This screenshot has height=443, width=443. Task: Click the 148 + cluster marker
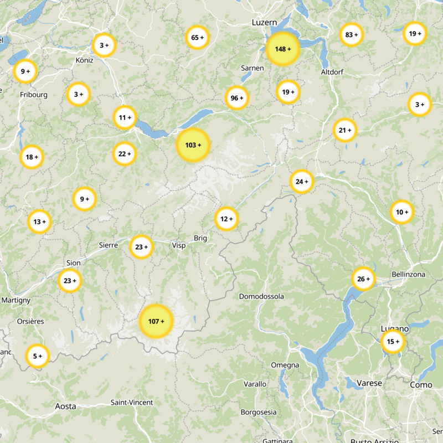coord(282,49)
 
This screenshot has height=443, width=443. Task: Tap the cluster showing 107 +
coord(156,321)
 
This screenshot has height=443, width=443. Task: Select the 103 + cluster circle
coord(193,145)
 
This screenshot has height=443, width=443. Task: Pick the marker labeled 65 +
coord(197,38)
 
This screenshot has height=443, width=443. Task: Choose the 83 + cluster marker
coord(352,35)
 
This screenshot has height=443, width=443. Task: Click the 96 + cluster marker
coord(237,98)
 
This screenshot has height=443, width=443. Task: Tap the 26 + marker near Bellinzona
coord(364,279)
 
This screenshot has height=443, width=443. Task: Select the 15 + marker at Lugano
coord(393,342)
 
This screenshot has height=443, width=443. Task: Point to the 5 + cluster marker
coord(38,356)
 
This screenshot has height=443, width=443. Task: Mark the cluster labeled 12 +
coord(226,219)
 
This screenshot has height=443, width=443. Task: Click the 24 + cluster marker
coord(302,182)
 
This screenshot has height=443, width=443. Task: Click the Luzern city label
coord(264,22)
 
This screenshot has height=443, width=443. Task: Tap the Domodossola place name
coord(261,296)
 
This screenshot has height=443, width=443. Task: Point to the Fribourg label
coord(34,95)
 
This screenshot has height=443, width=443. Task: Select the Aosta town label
coord(65,406)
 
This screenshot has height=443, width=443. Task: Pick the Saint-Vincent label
coord(132,403)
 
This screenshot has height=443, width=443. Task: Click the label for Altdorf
coord(332,73)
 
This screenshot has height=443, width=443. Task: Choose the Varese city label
coord(370,383)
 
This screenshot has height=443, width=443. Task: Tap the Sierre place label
coord(109,245)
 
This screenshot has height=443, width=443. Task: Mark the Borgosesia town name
coord(258,412)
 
